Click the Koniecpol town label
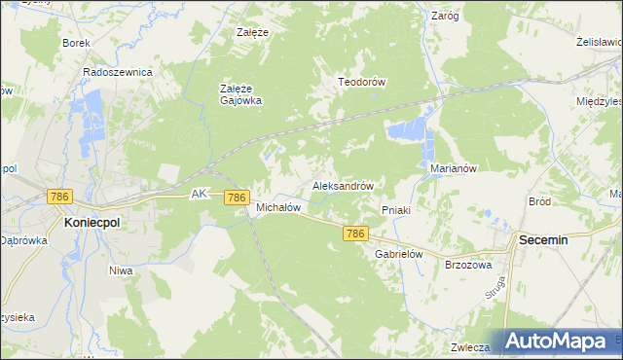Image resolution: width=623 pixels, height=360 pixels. pos(92,222)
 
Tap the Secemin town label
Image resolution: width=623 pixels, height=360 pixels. pos(543,238)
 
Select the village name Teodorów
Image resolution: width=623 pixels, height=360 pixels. pos(362,82)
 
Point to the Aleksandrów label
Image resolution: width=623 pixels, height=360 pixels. pos(343,184)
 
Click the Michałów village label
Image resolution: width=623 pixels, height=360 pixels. pos(276,207)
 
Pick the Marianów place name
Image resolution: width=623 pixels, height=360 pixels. pos(453,167)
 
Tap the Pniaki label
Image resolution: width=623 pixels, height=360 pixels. pos(396,209)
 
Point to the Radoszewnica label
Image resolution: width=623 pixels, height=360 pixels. pos(118,72)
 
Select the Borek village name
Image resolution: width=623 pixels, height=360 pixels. pos(76,43)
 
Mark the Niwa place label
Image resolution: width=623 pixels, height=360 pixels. pos(121,270)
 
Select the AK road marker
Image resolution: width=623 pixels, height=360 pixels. pos(200,194)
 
